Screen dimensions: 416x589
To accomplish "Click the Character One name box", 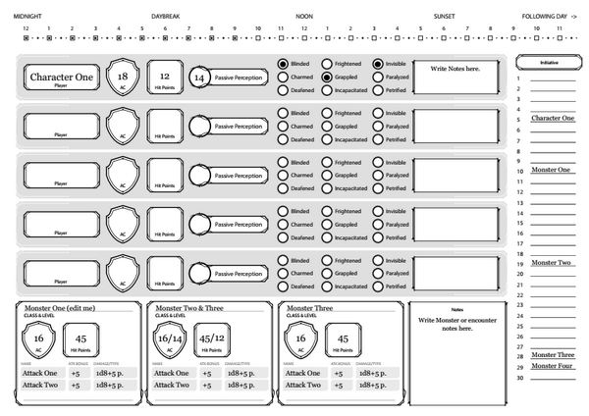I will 61,78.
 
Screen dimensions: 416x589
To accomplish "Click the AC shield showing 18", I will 122,78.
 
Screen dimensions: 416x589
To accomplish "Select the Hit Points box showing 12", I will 165,78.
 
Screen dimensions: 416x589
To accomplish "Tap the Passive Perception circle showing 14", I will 199,78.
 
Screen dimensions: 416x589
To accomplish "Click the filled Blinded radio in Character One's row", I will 283,64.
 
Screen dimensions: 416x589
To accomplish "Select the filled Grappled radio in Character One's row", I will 327,78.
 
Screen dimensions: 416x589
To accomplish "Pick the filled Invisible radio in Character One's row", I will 378,64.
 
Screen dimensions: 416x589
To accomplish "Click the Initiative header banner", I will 548,63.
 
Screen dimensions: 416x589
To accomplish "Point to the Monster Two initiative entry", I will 552,263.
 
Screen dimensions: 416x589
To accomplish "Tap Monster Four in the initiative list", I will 552,366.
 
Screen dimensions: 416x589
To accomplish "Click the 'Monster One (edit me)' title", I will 61,308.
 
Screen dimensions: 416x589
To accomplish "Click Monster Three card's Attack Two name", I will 301,385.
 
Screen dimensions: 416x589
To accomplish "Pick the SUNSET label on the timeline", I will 444,17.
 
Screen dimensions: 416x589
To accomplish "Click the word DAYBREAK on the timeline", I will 166,17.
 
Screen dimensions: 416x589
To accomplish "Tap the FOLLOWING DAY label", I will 552,17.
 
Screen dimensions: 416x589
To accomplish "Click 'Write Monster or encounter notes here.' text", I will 456,324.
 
